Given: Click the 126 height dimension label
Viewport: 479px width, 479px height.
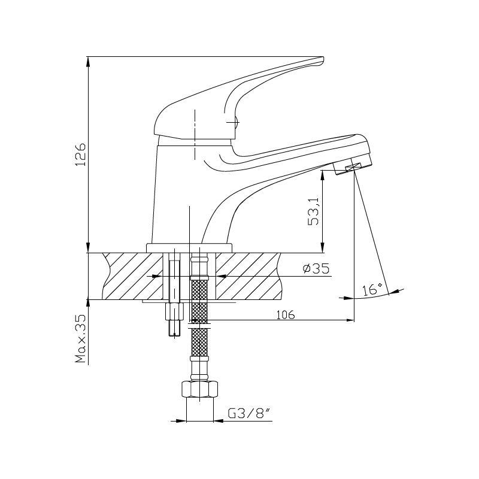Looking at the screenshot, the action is [x=81, y=154].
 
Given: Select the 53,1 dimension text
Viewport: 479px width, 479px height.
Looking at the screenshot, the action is [x=313, y=211].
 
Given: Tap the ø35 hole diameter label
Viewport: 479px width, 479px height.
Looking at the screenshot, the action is [x=316, y=268].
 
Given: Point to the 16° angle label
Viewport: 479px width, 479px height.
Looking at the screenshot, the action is [x=372, y=289].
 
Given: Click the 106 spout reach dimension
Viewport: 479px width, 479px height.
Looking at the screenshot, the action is [x=286, y=315].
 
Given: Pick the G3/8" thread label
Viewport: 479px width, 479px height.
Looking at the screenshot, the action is [x=250, y=414].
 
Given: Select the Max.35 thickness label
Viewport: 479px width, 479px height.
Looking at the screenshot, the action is [x=81, y=338].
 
